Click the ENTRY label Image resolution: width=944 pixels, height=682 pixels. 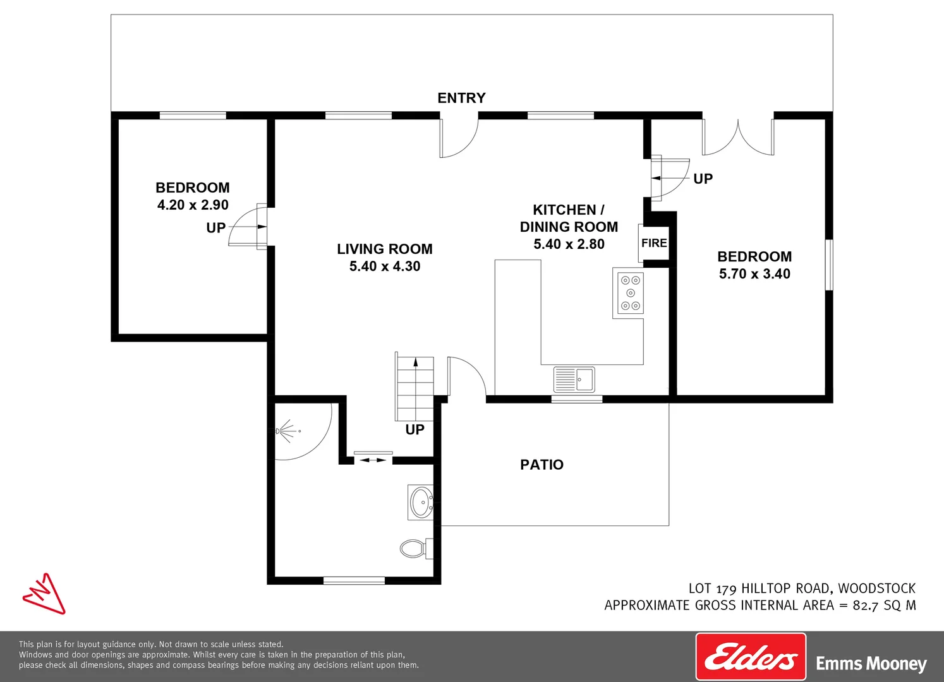[461, 98]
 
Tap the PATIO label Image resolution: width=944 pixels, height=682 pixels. [542, 465]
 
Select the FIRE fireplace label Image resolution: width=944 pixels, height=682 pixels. [654, 243]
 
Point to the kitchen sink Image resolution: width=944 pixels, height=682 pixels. [574, 379]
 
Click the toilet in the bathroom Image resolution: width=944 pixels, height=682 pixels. [416, 549]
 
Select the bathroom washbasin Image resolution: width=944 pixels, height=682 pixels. [421, 501]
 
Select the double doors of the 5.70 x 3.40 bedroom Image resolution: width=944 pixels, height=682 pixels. [738, 137]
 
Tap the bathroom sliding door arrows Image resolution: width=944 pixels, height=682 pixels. [373, 460]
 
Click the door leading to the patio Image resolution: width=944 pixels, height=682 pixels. [467, 376]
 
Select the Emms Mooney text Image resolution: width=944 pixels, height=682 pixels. [871, 664]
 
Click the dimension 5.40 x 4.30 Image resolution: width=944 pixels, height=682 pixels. [385, 266]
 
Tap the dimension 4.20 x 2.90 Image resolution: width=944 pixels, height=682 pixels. [193, 205]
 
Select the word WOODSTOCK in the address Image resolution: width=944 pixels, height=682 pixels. [876, 588]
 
